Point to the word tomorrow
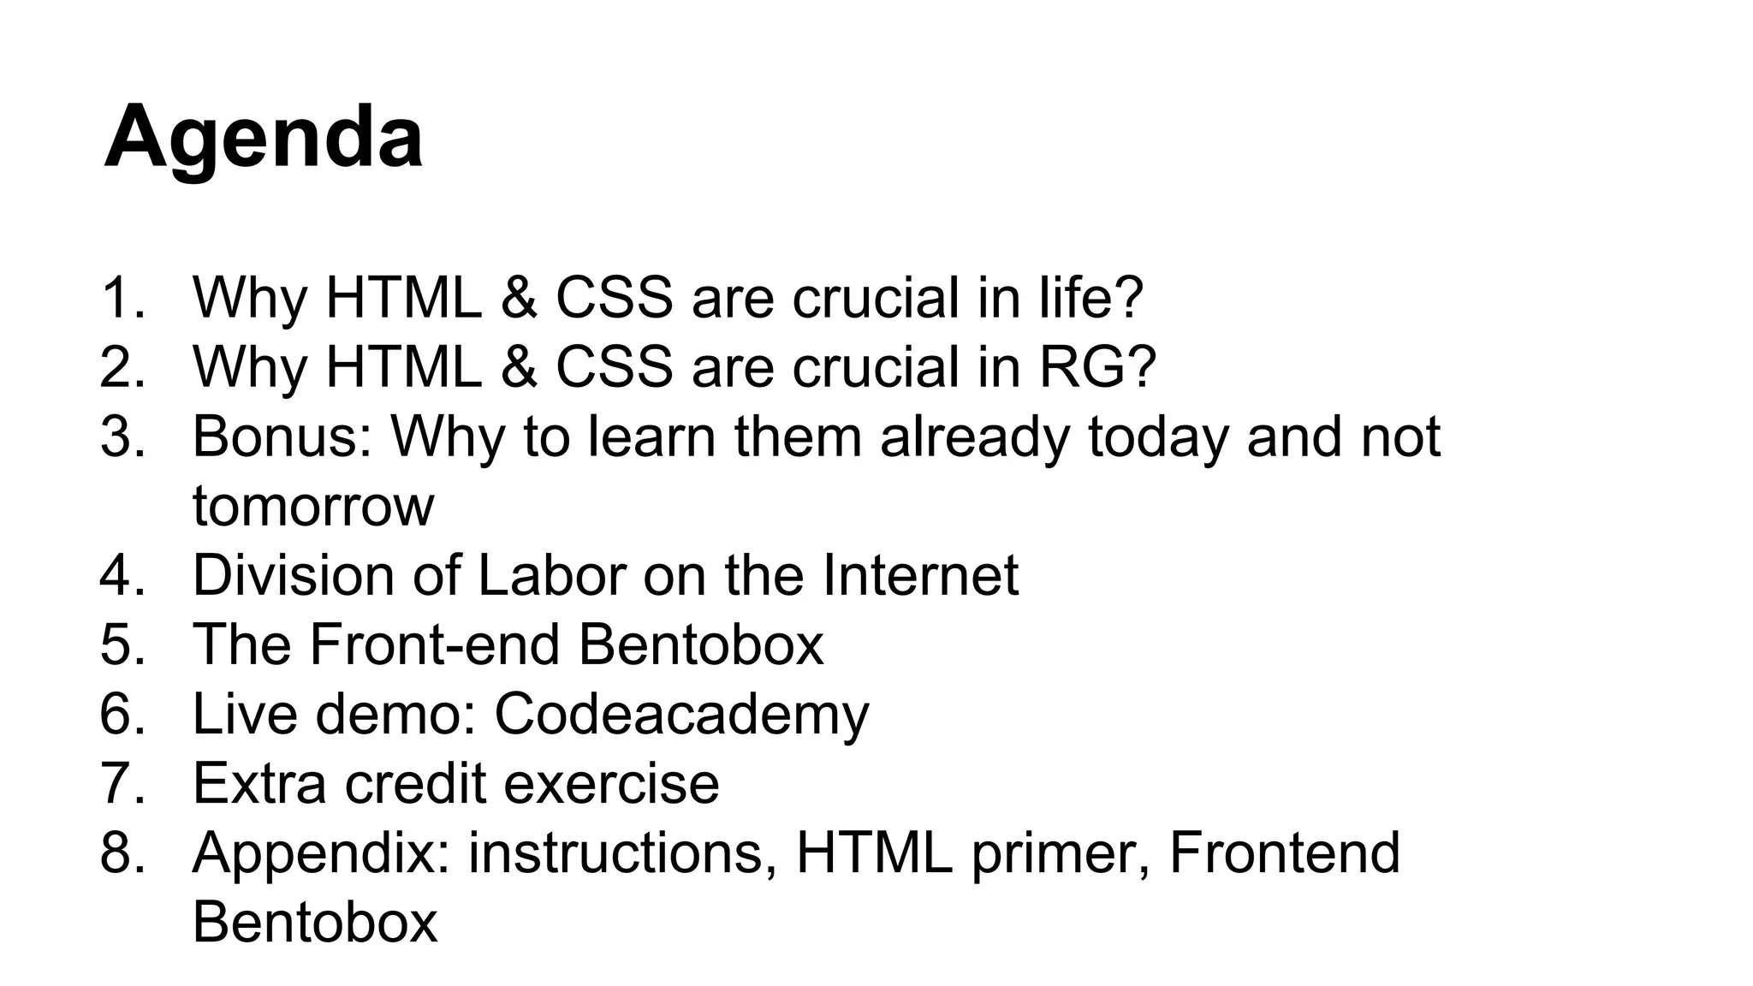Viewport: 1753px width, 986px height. pos(313,506)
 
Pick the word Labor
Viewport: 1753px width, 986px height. pos(552,575)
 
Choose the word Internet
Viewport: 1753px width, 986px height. pos(920,575)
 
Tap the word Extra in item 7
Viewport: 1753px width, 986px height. pos(259,783)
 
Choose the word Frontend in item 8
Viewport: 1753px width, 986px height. pos(1284,852)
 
